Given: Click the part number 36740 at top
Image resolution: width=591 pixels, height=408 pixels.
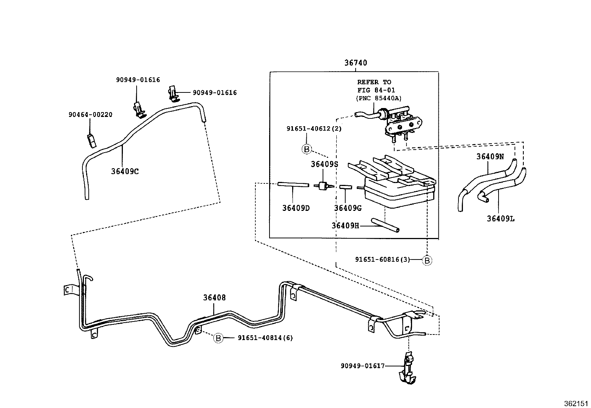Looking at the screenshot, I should [355, 63].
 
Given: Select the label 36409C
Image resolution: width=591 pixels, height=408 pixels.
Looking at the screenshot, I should [125, 171].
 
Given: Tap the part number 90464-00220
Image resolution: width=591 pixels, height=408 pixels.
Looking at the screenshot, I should [90, 115].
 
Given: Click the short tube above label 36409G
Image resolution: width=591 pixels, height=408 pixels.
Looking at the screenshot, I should [345, 187].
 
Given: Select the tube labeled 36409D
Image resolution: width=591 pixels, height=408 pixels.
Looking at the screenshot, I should [293, 185].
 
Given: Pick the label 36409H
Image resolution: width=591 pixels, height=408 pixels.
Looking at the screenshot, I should [345, 225].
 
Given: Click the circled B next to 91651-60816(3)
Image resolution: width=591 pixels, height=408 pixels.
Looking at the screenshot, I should [427, 261].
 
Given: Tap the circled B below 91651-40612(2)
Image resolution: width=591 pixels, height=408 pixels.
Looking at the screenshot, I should [306, 149].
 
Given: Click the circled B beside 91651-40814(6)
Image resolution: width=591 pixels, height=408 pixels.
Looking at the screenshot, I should [218, 338].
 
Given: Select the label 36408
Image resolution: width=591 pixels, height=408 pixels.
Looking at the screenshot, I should [214, 298].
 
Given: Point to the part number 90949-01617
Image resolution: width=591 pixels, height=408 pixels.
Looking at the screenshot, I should [362, 366].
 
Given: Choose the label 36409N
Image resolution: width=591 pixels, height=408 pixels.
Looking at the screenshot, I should [490, 156].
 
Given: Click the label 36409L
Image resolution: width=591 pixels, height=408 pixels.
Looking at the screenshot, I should [501, 219].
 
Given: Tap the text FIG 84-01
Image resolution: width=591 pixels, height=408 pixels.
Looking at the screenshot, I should [376, 90].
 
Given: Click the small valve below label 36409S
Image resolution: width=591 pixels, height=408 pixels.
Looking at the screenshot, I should [322, 186].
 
